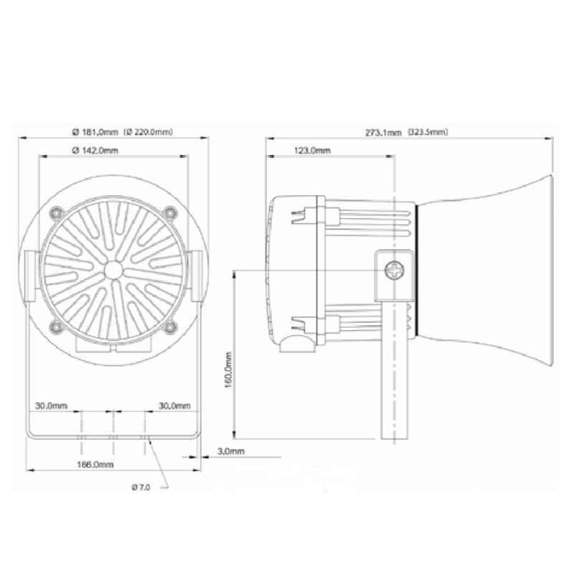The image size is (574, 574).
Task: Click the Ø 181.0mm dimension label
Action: click(x=95, y=132)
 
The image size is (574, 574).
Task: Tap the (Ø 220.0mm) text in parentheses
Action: click(x=149, y=132)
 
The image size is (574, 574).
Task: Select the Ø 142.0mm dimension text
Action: click(x=95, y=151)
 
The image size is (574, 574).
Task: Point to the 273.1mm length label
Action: click(x=383, y=133)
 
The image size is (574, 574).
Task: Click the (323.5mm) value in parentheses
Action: click(x=428, y=132)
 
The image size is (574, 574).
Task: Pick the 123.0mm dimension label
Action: click(x=312, y=151)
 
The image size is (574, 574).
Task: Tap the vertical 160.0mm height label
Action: click(x=228, y=370)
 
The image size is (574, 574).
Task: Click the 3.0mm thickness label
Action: click(x=231, y=451)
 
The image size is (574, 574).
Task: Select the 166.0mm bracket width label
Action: click(x=95, y=464)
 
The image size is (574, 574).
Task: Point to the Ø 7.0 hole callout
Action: click(x=141, y=487)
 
